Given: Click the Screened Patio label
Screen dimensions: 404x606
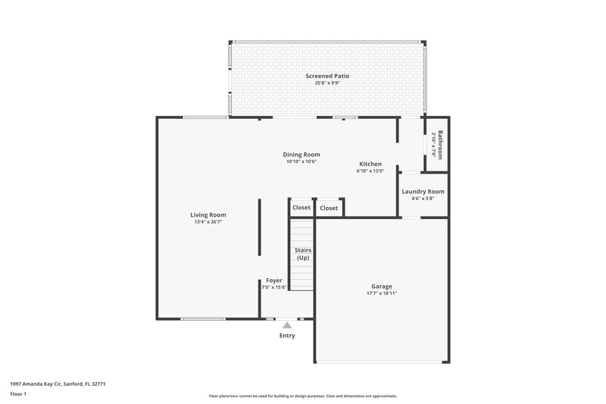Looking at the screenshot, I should (327, 76).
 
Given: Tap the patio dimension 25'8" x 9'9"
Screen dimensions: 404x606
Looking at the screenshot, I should (327, 83).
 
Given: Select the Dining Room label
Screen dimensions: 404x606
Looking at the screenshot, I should (301, 155).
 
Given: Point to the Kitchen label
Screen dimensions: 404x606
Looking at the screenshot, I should (370, 164).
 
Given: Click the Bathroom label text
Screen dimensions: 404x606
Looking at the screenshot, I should (440, 143).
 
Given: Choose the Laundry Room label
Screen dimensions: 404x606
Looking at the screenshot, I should (423, 192).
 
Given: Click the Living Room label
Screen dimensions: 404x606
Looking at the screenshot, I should (208, 215).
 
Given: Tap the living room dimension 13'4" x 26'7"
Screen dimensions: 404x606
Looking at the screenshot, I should (208, 223).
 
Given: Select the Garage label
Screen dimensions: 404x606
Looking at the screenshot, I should (382, 287).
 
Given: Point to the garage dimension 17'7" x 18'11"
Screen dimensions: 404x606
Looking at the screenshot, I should (382, 294).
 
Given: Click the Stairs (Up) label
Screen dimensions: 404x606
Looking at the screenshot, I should (302, 254).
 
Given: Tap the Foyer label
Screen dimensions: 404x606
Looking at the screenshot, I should (273, 280).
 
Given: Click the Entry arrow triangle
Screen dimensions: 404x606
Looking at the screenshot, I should (287, 325).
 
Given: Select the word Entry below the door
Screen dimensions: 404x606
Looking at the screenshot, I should (287, 336).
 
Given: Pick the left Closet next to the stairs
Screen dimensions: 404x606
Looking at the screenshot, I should (301, 208).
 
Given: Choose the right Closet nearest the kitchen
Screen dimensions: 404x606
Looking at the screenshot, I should (329, 208).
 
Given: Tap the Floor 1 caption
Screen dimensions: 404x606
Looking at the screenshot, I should (18, 395).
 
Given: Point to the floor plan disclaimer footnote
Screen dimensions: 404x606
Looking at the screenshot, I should (302, 396).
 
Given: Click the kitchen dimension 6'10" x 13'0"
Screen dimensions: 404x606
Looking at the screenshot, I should (370, 171).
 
